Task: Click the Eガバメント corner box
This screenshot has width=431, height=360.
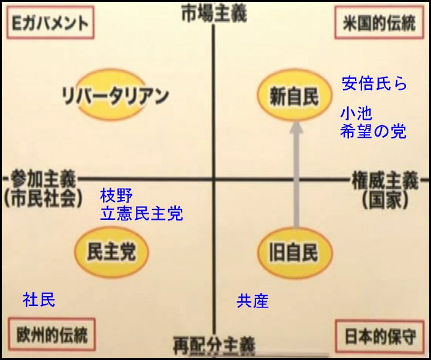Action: point(47,23)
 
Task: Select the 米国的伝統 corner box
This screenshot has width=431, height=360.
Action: point(380,23)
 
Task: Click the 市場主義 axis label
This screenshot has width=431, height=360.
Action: point(214,14)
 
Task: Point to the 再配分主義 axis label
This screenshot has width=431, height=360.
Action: point(214,345)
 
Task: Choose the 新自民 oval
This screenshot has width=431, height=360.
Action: point(294,95)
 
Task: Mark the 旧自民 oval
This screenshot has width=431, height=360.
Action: point(294,252)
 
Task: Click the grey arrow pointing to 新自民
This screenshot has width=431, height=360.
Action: point(295,174)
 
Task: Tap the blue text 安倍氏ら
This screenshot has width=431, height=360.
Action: point(374,83)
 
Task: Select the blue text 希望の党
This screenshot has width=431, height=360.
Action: point(373,131)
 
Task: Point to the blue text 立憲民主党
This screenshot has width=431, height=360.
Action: point(141,213)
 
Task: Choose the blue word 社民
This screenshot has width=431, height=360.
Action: point(39,300)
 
